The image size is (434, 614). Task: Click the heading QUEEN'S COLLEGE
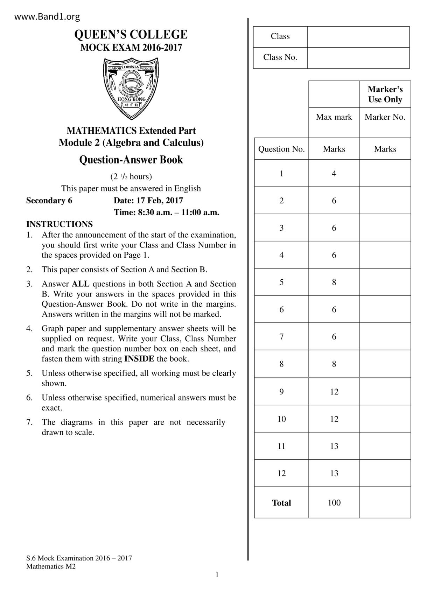131,35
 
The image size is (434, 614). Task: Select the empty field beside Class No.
358,58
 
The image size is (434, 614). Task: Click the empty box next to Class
358,37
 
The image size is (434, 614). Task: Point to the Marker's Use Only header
385,95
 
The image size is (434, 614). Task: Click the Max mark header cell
334,117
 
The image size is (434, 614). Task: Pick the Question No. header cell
281,149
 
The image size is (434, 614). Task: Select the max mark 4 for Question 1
334,174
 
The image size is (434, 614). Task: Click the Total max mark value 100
334,503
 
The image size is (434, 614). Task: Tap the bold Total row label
281,503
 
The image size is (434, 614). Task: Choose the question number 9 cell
281,392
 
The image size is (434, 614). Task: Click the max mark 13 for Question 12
334,473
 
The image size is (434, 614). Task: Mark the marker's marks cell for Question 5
385,282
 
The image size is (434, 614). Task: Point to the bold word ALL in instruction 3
80,284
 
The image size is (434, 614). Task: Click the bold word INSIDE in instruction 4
139,359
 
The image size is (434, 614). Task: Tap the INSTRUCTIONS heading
59,224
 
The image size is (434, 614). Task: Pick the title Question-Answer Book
131,160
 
